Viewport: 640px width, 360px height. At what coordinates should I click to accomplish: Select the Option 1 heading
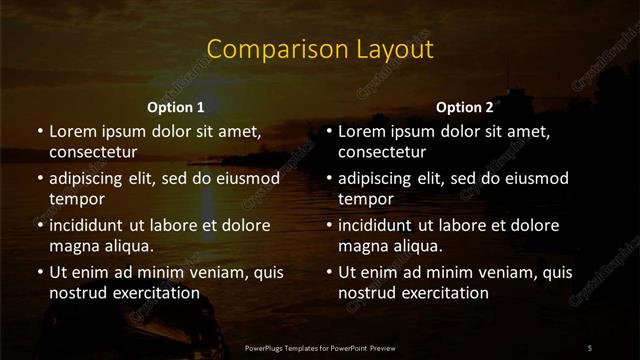coord(176,107)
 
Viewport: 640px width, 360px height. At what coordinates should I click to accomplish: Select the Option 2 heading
coord(465,107)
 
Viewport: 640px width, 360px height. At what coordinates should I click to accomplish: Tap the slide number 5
coord(590,347)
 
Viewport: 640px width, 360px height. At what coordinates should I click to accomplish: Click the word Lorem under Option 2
coord(364,131)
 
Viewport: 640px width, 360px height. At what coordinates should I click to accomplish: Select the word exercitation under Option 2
coord(441,293)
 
